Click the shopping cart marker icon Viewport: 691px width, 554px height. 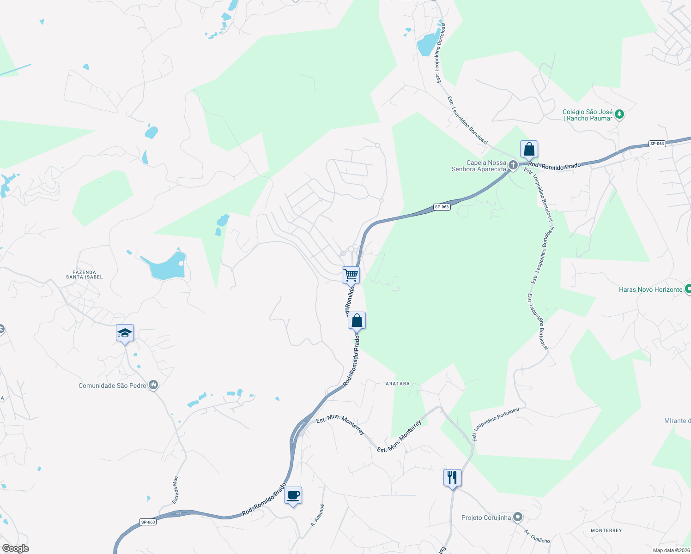click(x=351, y=275)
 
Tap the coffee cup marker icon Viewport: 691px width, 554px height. click(x=293, y=495)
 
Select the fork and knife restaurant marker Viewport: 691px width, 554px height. click(x=452, y=477)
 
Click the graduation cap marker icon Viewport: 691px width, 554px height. click(x=125, y=333)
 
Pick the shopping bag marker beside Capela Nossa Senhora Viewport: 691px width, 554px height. click(x=529, y=149)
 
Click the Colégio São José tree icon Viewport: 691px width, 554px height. click(x=619, y=114)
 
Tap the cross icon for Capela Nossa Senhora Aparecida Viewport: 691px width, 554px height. click(x=513, y=165)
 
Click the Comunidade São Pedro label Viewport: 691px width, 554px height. click(x=112, y=385)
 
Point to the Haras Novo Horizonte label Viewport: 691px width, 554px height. click(x=650, y=289)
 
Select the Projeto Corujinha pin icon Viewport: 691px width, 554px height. click(x=518, y=517)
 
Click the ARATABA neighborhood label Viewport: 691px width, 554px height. click(x=398, y=384)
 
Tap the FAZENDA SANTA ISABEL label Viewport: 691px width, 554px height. click(x=84, y=275)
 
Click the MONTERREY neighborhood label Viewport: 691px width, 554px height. click(x=606, y=530)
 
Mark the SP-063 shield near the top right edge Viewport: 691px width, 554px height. click(x=657, y=144)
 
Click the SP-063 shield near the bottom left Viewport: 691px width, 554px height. click(x=148, y=522)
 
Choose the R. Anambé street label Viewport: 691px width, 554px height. click(x=317, y=515)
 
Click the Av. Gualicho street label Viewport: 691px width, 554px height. click(x=537, y=536)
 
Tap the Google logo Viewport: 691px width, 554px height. click(x=15, y=548)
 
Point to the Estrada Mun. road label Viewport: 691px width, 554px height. click(x=176, y=489)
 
